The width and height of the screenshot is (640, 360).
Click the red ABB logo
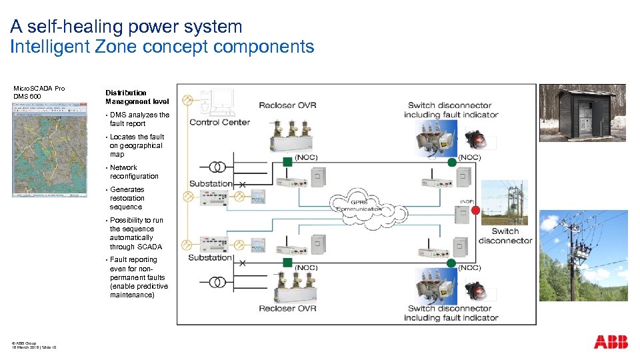point(611,342)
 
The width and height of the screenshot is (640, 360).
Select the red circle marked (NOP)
point(475,211)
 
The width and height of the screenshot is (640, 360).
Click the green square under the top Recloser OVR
point(287,161)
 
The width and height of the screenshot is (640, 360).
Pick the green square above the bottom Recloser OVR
point(287,263)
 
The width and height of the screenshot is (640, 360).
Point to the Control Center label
point(219,122)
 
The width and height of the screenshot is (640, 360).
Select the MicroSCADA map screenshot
point(50,150)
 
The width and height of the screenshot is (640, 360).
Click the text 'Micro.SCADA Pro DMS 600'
point(39,92)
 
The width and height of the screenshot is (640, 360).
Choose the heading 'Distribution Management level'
point(137,97)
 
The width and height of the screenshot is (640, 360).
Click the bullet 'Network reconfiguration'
point(134,172)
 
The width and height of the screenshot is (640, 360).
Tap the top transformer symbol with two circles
point(217,167)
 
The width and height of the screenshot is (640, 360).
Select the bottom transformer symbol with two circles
point(217,281)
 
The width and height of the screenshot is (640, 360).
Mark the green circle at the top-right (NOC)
point(451,162)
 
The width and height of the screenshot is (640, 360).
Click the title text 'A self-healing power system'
point(127,27)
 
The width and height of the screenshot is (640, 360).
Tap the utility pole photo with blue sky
point(583,255)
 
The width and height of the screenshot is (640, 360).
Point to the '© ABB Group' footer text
point(24,343)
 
